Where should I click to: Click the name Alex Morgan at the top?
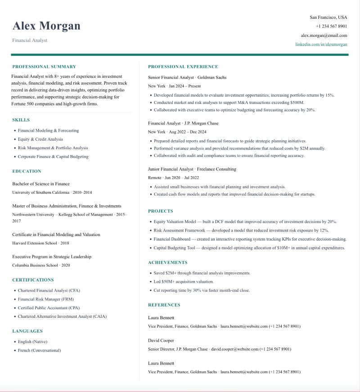[x=46, y=26]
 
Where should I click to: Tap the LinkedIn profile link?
[x=321, y=45]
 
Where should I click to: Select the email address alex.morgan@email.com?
[x=324, y=36]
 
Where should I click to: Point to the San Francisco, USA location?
[x=328, y=18]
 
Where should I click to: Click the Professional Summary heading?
[x=44, y=67]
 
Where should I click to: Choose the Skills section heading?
[x=21, y=120]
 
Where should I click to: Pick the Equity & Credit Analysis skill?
[x=40, y=139]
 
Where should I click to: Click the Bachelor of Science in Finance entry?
[x=41, y=184]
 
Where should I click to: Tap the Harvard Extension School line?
[x=40, y=243]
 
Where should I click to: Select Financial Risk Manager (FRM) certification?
[x=45, y=299]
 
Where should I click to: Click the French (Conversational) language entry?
[x=39, y=350]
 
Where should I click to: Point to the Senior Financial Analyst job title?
[x=171, y=77]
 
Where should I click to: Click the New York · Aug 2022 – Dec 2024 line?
[x=177, y=132]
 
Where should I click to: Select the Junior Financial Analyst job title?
[x=171, y=169]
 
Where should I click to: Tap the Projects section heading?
[x=161, y=211]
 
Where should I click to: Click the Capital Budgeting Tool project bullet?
[x=249, y=248]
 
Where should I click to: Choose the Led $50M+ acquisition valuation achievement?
[x=184, y=281]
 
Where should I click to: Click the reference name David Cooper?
[x=161, y=340]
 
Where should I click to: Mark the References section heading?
[x=164, y=305]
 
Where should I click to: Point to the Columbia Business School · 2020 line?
[x=41, y=265]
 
